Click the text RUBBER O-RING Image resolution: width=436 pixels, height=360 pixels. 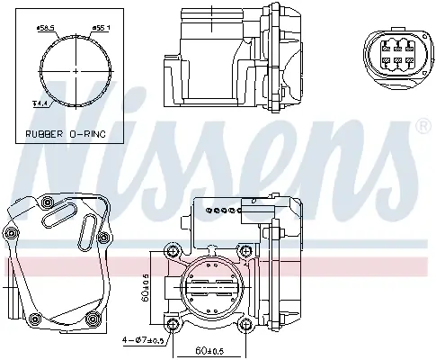click(x=66, y=133)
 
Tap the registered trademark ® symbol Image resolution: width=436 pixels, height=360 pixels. click(x=423, y=129)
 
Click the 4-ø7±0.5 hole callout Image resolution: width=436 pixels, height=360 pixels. click(x=145, y=340)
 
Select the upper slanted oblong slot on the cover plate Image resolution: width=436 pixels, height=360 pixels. click(x=62, y=214)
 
